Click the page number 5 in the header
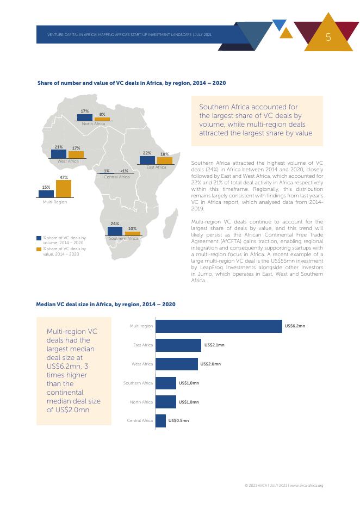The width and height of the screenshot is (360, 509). click(x=328, y=37)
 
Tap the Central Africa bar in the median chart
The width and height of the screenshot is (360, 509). click(x=160, y=421)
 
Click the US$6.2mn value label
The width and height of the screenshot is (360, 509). click(x=295, y=326)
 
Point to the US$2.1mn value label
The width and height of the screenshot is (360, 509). click(x=214, y=345)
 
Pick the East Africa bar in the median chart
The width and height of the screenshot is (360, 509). click(x=178, y=345)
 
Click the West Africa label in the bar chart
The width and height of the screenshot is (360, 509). click(x=142, y=364)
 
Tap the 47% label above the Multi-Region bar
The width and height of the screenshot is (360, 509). click(x=64, y=177)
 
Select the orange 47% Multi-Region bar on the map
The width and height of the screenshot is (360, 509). click(x=64, y=189)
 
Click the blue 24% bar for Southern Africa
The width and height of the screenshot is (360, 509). click(x=115, y=231)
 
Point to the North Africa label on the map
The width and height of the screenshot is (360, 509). click(x=94, y=124)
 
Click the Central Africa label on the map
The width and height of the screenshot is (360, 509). click(x=116, y=177)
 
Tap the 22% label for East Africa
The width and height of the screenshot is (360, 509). click(x=147, y=153)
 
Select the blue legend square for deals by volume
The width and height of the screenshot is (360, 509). click(x=39, y=238)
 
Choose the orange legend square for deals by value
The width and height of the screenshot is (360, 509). click(x=39, y=249)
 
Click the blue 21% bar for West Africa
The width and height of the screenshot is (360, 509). click(x=59, y=154)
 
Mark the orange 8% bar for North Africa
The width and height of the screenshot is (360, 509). click(x=102, y=119)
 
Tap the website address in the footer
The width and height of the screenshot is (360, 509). click(x=307, y=485)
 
